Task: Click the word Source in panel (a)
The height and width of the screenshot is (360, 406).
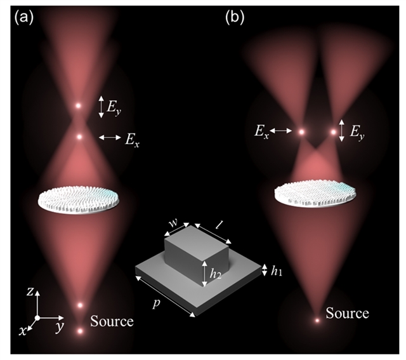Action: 112,322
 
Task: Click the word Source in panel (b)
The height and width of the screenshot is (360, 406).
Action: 347,313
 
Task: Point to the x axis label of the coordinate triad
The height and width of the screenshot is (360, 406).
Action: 23,330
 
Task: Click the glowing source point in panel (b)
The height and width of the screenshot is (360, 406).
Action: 317,321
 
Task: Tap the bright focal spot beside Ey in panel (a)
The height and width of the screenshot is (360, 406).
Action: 79,106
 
